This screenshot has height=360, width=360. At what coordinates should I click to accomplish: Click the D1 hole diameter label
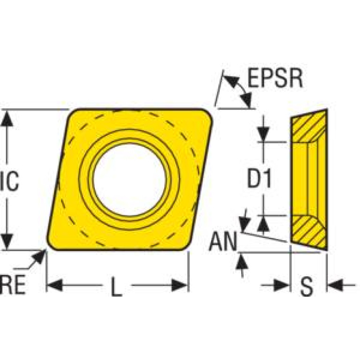click(260, 179)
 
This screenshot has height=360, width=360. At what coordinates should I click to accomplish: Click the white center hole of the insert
click(129, 180)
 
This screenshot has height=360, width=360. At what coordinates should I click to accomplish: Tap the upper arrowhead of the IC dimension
click(7, 119)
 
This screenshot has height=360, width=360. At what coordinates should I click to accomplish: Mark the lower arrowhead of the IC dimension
click(7, 242)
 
